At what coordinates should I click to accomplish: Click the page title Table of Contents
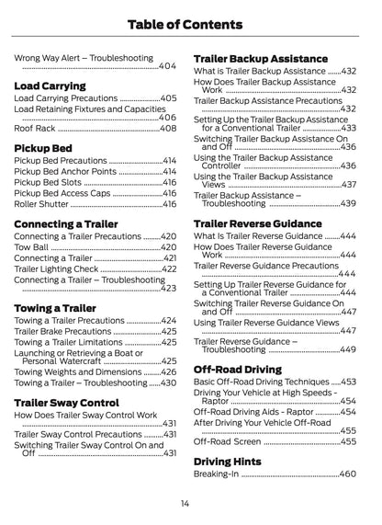[190, 22]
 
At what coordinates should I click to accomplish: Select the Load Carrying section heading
[51, 86]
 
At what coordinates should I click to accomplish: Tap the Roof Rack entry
[34, 129]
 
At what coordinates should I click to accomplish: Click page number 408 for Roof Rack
[168, 129]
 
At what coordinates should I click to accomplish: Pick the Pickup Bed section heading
[44, 147]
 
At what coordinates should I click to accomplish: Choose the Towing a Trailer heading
[55, 307]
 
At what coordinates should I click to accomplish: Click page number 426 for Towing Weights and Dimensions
[168, 371]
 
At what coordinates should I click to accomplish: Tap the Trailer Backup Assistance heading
[261, 59]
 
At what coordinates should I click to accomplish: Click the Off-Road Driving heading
[238, 369]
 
